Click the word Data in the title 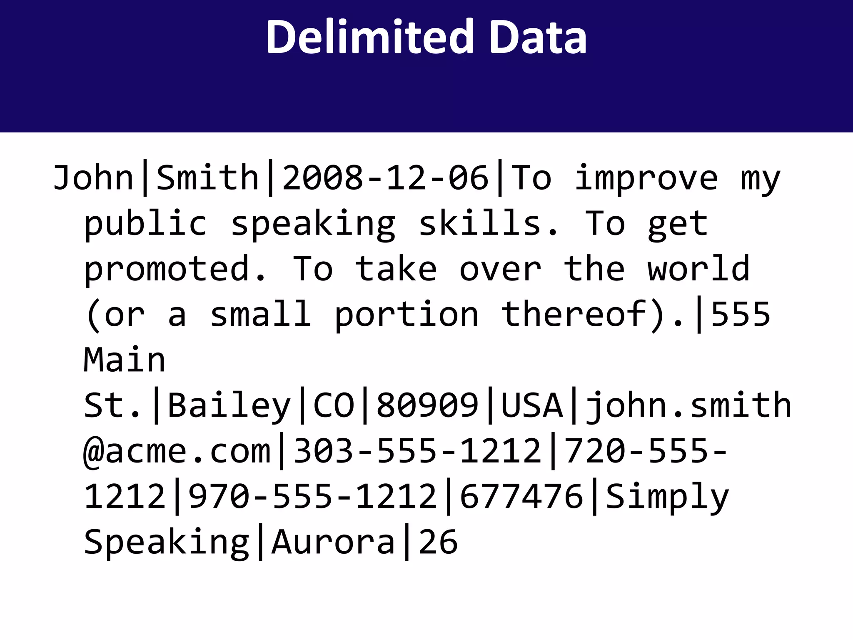(x=538, y=37)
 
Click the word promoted (x=175, y=269)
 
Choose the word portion (x=406, y=315)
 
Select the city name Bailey (x=229, y=405)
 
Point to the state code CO (x=333, y=405)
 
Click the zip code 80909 (x=427, y=405)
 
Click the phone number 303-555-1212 (x=417, y=451)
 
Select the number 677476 (x=521, y=497)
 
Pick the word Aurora (x=333, y=542)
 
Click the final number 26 (x=438, y=542)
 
